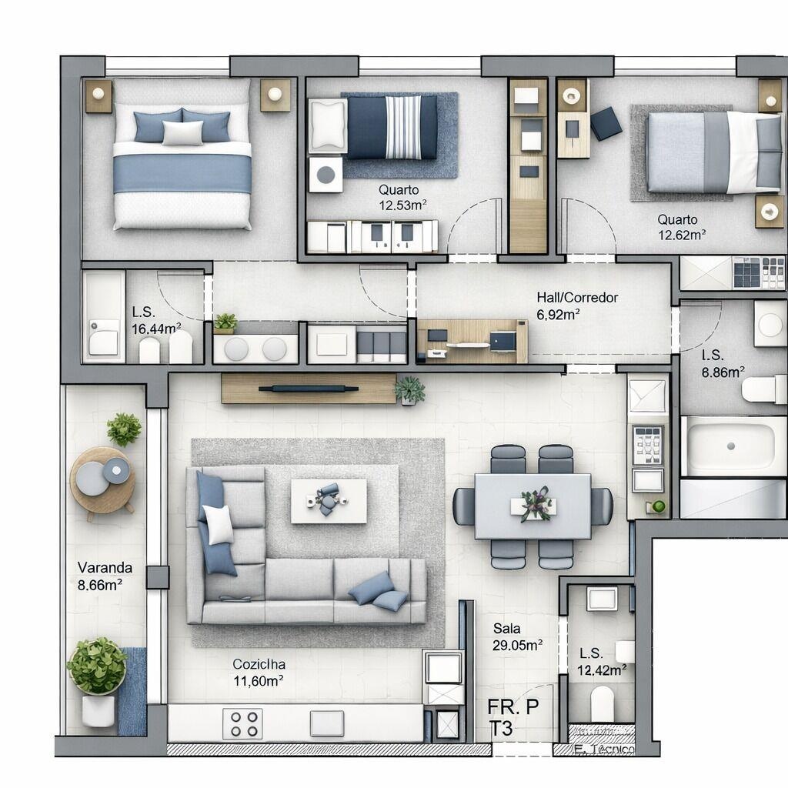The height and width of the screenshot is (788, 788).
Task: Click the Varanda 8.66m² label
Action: (105, 576)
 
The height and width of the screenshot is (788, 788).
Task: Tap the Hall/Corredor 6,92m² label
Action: (567, 305)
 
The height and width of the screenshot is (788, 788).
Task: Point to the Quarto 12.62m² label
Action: (680, 227)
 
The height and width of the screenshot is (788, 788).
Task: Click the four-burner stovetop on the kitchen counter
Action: (242, 723)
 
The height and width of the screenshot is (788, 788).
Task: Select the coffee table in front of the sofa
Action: (329, 500)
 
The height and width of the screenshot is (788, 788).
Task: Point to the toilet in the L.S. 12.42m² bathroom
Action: (602, 702)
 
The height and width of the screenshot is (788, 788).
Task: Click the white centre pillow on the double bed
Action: (182, 133)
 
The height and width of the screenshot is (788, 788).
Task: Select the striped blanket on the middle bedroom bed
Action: (403, 127)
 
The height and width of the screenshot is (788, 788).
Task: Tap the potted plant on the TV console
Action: (409, 389)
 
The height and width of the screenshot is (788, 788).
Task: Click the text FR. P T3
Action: (513, 716)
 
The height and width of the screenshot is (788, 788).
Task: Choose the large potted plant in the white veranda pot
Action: (97, 666)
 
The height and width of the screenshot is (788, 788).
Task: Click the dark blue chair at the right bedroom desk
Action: (606, 122)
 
